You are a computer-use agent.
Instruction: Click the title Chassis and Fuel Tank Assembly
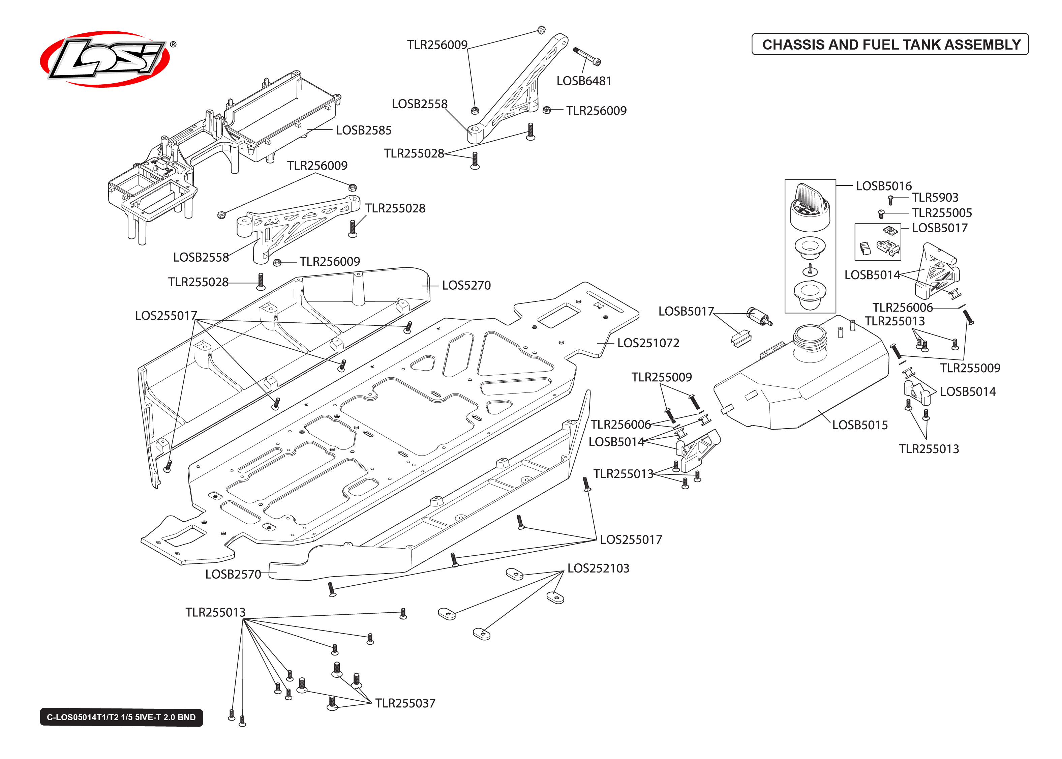point(890,45)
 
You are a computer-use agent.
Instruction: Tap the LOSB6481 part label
point(583,81)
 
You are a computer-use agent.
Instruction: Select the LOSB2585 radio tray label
point(363,130)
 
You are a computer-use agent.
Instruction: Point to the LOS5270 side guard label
point(466,286)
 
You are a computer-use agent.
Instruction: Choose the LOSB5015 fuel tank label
point(859,425)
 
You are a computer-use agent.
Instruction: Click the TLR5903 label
point(935,198)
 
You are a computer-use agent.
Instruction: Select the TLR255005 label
point(941,213)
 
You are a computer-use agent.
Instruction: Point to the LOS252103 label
point(598,568)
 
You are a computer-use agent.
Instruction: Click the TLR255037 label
point(405,703)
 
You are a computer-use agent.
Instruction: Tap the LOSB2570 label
point(233,574)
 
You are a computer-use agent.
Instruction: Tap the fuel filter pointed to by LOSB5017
point(759,316)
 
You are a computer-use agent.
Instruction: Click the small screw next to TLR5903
point(890,200)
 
